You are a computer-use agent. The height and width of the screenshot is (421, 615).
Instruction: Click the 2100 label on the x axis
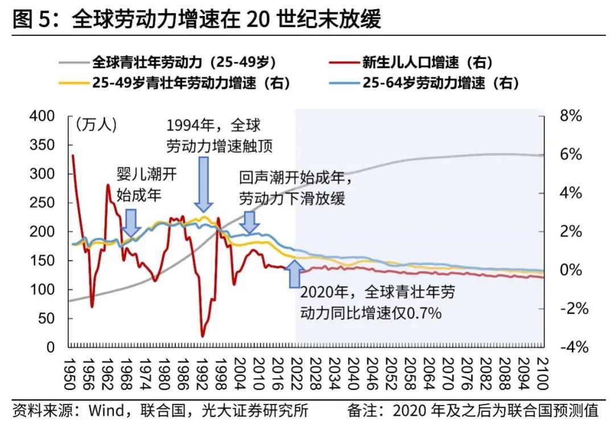(x=542, y=373)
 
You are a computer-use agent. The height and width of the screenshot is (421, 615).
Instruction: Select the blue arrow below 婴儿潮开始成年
(x=132, y=223)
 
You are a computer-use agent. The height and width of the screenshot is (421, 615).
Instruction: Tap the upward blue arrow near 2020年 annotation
(x=294, y=273)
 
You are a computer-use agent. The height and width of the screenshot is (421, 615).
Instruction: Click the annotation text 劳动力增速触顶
(x=219, y=146)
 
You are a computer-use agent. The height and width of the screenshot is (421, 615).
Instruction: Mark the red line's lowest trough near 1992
(x=203, y=336)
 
